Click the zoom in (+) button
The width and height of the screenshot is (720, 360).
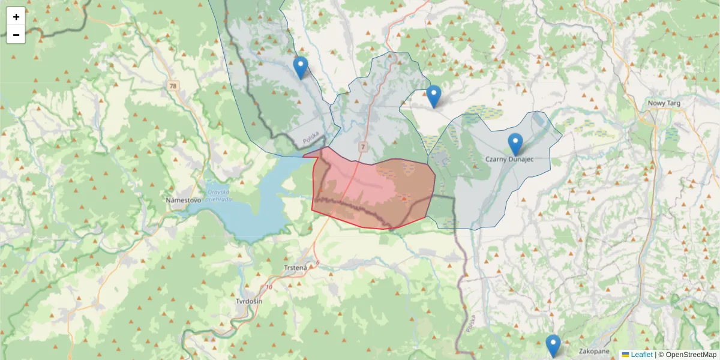(x=16, y=17)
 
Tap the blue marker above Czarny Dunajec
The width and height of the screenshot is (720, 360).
(x=515, y=145)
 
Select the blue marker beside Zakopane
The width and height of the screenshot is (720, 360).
(x=553, y=346)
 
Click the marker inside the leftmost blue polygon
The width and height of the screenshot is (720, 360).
(x=301, y=68)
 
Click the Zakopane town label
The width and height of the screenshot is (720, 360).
(x=595, y=351)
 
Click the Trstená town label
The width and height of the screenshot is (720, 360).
(x=295, y=268)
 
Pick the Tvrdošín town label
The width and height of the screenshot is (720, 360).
(x=249, y=301)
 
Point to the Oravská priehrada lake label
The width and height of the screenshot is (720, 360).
(x=220, y=196)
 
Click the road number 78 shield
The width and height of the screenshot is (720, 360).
(x=173, y=86)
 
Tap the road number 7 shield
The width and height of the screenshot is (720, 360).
(x=364, y=146)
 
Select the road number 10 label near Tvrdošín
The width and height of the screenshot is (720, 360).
(x=268, y=287)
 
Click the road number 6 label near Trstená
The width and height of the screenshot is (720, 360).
(x=317, y=263)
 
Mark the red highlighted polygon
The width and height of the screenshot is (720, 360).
(x=372, y=192)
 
